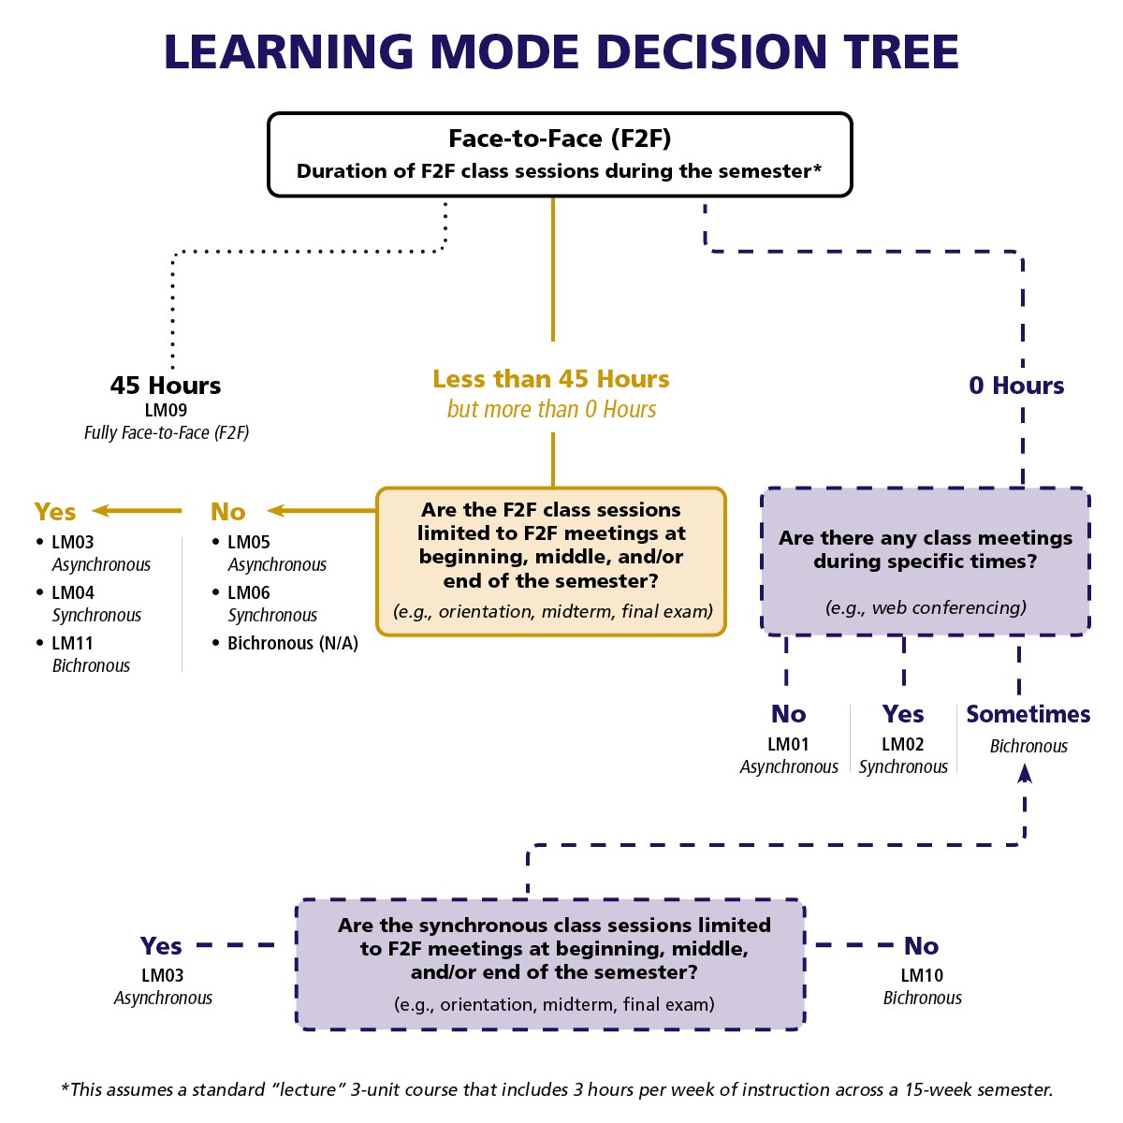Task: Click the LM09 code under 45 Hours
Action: (166, 410)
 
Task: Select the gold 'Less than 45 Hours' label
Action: (551, 379)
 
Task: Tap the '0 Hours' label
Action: (1016, 386)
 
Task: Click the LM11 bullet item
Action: (72, 643)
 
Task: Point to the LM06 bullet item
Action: (248, 592)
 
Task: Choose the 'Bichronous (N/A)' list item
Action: (292, 643)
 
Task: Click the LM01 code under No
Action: (788, 744)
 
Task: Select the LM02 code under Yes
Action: (902, 744)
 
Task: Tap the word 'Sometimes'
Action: (1028, 714)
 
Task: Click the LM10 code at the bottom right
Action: (922, 975)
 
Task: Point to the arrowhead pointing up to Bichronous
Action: (1025, 772)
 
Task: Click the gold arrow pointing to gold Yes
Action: (137, 511)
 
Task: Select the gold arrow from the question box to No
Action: (321, 511)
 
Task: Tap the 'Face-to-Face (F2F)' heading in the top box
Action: (560, 139)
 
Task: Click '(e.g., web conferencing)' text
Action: (926, 607)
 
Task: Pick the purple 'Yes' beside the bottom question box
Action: (161, 946)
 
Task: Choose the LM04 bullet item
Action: (72, 592)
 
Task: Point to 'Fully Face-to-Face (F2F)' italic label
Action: (167, 432)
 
